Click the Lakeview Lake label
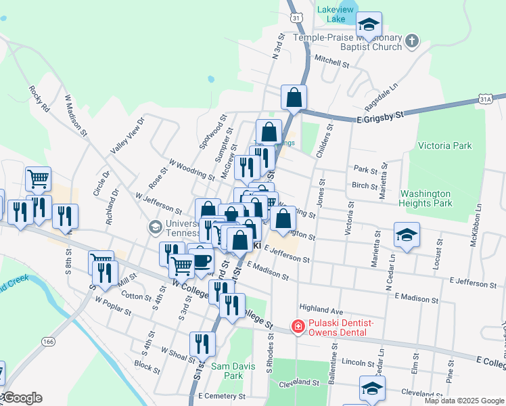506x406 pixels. [x=336, y=14]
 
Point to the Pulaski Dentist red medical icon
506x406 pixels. [x=297, y=327]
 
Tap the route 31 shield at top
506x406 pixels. [x=296, y=16]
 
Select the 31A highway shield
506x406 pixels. [x=486, y=99]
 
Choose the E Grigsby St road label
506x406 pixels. [x=379, y=116]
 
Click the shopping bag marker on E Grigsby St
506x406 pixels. [x=294, y=97]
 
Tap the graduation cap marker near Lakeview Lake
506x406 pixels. [x=369, y=25]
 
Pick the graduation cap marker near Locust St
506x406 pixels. [x=406, y=235]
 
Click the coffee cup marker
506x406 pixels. [x=201, y=260]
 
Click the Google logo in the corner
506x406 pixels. [x=22, y=398]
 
